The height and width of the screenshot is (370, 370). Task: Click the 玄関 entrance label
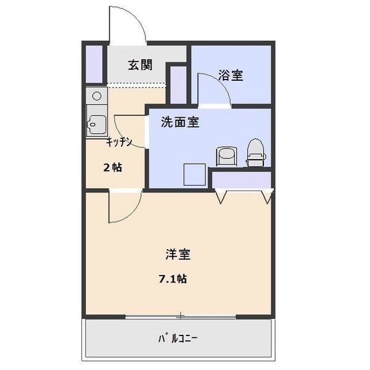pos(140,66)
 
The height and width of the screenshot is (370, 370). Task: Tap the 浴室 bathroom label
pos(231,76)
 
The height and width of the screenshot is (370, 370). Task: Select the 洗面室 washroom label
pos(179,122)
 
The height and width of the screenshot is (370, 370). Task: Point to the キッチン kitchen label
pos(118,142)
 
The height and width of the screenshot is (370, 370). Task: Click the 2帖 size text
pos(112,167)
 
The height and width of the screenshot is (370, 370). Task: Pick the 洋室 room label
pos(178,254)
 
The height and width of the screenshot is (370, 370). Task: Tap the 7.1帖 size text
pos(173,279)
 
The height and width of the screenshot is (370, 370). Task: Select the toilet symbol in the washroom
pos(255,152)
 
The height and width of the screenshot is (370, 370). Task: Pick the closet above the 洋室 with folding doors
pos(241,180)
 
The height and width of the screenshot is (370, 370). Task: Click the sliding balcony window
pos(180,317)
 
